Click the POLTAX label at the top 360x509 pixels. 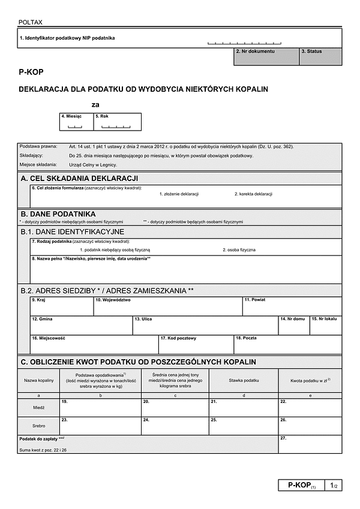(31, 22)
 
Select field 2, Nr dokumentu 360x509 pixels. (266, 56)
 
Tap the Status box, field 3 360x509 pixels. (320, 56)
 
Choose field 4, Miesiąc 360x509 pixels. (76, 122)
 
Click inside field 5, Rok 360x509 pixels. (117, 122)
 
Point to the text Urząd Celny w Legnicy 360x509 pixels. (93, 164)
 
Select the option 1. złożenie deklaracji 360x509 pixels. (179, 194)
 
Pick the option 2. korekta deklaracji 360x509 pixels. (253, 194)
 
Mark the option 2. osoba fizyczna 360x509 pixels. (239, 249)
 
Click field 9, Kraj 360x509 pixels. (62, 306)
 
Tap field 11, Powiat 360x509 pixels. (292, 306)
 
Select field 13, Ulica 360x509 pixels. (205, 326)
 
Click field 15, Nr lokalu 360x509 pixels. (326, 326)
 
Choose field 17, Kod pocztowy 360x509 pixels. (196, 345)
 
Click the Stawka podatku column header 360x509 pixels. (244, 381)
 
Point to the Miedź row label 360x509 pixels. (38, 407)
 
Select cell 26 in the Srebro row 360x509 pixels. (310, 426)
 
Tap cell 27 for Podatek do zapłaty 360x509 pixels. (310, 444)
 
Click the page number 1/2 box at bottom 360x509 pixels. (334, 485)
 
